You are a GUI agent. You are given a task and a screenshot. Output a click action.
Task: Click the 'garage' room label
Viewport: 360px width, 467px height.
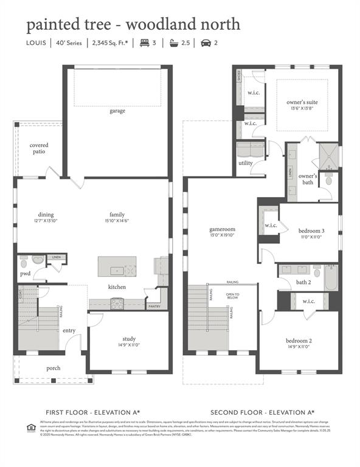(117, 111)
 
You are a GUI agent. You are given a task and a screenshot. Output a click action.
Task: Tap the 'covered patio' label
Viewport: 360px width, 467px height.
(39, 148)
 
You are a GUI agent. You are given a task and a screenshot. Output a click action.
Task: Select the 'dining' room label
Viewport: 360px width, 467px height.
(46, 215)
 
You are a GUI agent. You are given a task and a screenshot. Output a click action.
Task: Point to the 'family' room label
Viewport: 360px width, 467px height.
(117, 215)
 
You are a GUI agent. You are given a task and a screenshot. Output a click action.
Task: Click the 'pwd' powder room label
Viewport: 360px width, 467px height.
(25, 274)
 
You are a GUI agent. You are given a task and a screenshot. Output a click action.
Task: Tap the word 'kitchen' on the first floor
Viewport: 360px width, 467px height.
(117, 287)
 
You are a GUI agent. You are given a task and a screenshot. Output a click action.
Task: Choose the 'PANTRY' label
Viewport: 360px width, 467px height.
(154, 307)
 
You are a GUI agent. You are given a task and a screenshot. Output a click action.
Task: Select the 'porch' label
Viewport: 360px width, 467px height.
(54, 368)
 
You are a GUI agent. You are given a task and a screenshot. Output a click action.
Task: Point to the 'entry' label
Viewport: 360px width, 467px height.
(69, 331)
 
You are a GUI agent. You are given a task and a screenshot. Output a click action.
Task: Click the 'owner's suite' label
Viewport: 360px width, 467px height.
(302, 102)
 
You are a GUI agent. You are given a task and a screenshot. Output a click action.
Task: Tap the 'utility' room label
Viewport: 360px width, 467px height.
(246, 164)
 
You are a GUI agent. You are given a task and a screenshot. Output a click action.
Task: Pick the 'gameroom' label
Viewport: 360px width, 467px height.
(222, 230)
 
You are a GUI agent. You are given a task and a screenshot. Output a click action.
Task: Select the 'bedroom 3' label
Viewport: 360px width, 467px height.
(311, 231)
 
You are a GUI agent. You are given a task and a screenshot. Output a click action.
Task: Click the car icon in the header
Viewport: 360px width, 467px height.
(204, 43)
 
